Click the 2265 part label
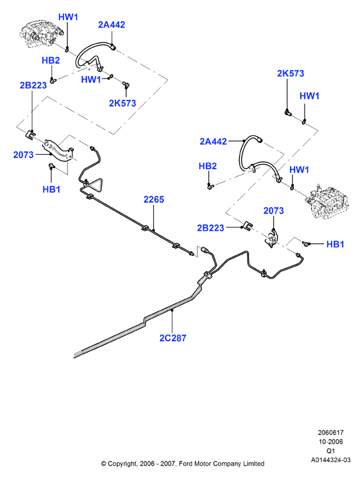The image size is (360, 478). tap(154, 200)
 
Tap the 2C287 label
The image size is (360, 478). tap(172, 338)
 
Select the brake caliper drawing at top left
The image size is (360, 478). tap(41, 34)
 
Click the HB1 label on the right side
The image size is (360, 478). tap(335, 244)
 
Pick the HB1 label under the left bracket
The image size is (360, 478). tap(51, 189)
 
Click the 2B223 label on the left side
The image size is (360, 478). tap(33, 85)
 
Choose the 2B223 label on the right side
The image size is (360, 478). tap(211, 227)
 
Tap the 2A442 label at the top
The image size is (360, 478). tap(112, 24)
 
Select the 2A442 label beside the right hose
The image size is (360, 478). tap(213, 141)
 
